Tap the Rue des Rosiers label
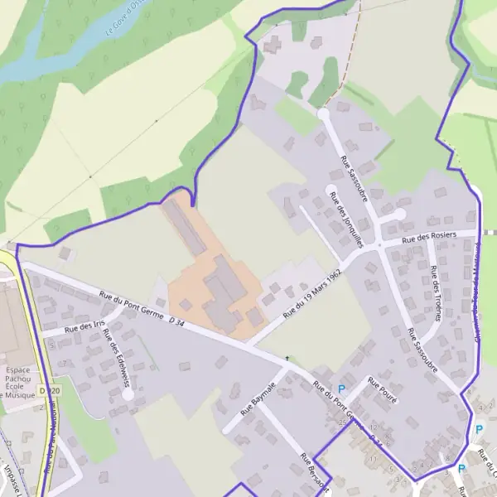(429, 238)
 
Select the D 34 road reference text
(176, 320)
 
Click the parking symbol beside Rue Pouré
(341, 389)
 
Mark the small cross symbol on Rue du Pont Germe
(287, 359)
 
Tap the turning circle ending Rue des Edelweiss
(128, 395)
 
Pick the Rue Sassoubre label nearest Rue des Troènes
(422, 350)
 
